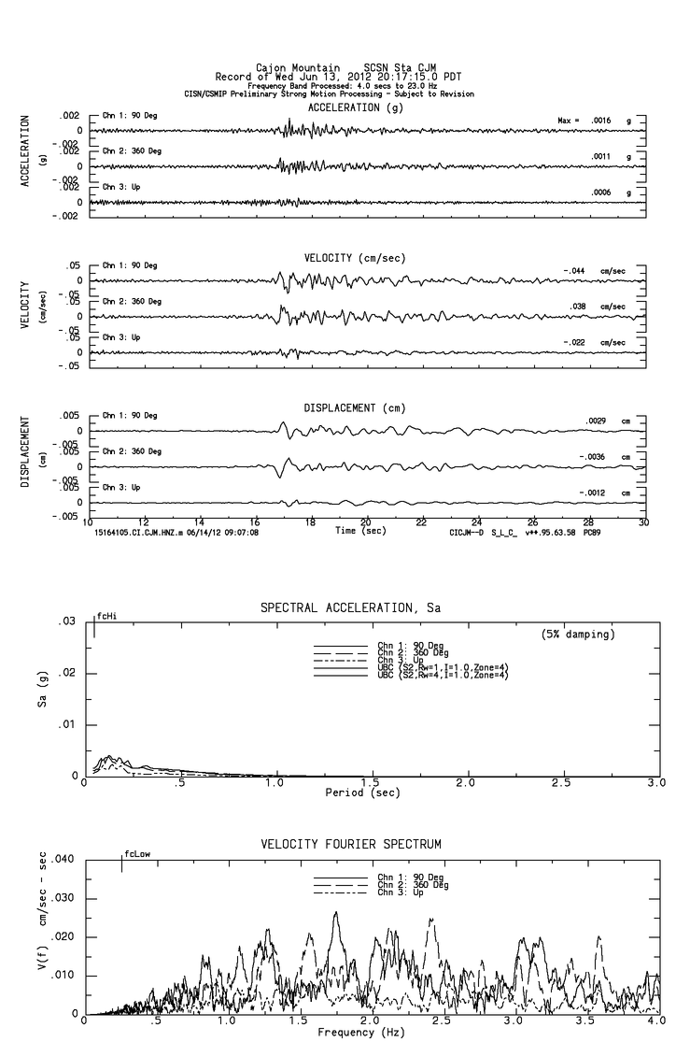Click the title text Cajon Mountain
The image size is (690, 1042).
tap(290, 68)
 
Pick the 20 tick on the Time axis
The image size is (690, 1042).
tap(366, 522)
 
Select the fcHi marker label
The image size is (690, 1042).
tap(106, 617)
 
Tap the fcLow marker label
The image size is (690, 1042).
tap(136, 853)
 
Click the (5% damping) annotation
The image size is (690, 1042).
tap(578, 634)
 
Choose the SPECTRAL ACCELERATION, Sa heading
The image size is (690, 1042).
tap(350, 608)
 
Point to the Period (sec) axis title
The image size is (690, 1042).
tap(361, 792)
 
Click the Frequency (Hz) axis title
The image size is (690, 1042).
tap(360, 1033)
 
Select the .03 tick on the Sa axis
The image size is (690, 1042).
tap(65, 621)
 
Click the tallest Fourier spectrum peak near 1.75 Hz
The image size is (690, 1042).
tap(335, 913)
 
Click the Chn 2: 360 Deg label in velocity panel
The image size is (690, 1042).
tap(132, 302)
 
